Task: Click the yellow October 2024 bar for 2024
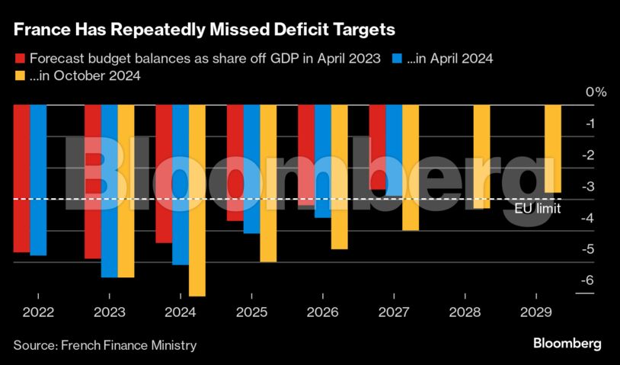tap(197, 200)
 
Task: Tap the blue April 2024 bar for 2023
tap(109, 191)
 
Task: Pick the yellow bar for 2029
tap(553, 149)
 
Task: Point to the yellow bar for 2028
tap(481, 156)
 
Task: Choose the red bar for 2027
tap(377, 147)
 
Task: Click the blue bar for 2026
tap(322, 161)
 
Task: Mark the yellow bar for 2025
tap(268, 183)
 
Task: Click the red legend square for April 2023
tap(19, 59)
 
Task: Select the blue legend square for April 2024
tap(397, 59)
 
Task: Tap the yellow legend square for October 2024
tap(19, 76)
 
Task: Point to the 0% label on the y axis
tap(596, 92)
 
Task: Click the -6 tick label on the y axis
tap(586, 281)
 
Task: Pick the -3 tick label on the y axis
tap(586, 187)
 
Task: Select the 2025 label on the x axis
tap(251, 312)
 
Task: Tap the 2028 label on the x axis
tap(465, 312)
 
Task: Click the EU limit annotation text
tap(537, 207)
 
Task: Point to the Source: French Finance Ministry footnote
tap(105, 345)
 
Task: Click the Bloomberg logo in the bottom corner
tap(567, 344)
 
